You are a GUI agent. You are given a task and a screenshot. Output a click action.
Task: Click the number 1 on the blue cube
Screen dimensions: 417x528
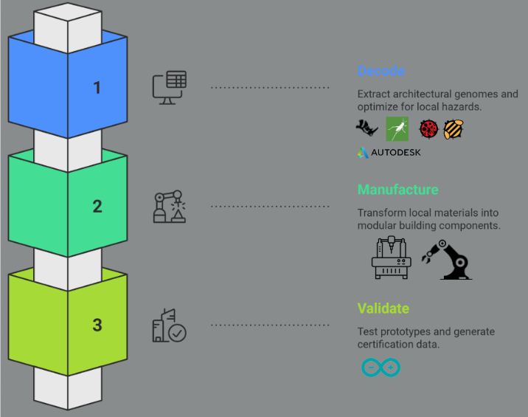97,88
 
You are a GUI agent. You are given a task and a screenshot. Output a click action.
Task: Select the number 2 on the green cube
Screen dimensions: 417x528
97,206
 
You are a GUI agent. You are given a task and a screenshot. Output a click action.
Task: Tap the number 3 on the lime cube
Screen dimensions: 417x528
97,325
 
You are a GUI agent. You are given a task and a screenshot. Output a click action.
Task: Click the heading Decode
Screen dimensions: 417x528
381,72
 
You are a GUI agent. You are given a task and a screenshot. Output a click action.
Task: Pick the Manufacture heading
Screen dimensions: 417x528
397,190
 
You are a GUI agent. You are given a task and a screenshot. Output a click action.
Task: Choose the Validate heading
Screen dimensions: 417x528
383,309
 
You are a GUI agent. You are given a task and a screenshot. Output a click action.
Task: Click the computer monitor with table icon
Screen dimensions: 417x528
169,86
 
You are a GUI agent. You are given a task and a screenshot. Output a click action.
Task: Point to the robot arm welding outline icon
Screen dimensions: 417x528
169,207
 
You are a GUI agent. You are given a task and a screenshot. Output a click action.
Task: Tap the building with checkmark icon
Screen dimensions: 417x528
169,325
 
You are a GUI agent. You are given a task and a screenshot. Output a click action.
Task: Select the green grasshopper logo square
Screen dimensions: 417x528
397,129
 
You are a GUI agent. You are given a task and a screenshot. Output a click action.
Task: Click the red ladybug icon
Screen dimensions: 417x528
428,130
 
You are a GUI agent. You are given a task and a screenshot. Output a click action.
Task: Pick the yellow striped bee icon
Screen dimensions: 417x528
453,130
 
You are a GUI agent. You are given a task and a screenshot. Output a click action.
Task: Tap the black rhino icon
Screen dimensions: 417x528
367,130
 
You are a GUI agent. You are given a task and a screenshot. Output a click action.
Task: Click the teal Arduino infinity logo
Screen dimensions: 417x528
381,367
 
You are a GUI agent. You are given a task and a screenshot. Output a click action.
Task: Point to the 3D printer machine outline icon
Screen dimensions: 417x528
390,258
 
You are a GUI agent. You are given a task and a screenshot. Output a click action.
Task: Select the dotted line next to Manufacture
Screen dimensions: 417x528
270,206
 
